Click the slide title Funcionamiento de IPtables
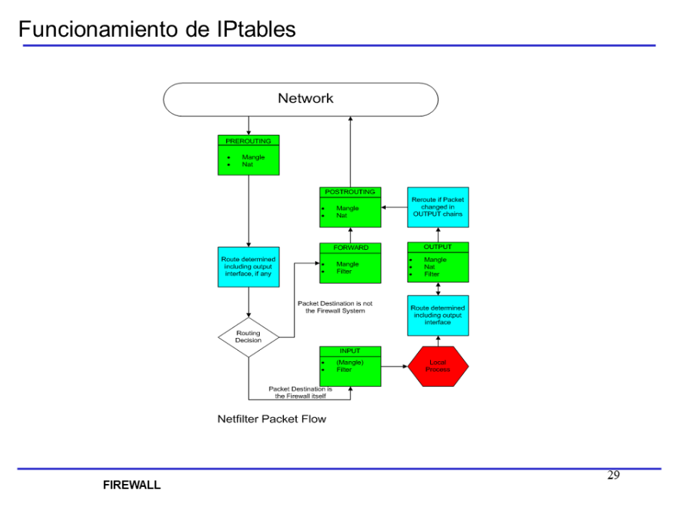pos(157,29)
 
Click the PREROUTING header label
pos(249,141)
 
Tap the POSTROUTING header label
pos(350,192)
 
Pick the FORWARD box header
pos(350,248)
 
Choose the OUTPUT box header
pos(438,247)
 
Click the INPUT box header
pos(350,351)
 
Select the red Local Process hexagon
pos(438,367)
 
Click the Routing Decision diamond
pos(249,336)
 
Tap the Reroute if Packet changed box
pos(438,207)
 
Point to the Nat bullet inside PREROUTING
pos(248,164)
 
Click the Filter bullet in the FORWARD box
pos(344,272)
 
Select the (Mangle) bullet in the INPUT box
pos(350,362)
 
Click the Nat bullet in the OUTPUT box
pos(429,266)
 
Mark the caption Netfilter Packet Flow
pos(272,418)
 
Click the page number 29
pos(613,475)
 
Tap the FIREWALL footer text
pos(132,485)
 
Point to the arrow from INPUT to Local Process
pos(394,367)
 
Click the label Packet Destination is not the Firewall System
pos(334,307)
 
